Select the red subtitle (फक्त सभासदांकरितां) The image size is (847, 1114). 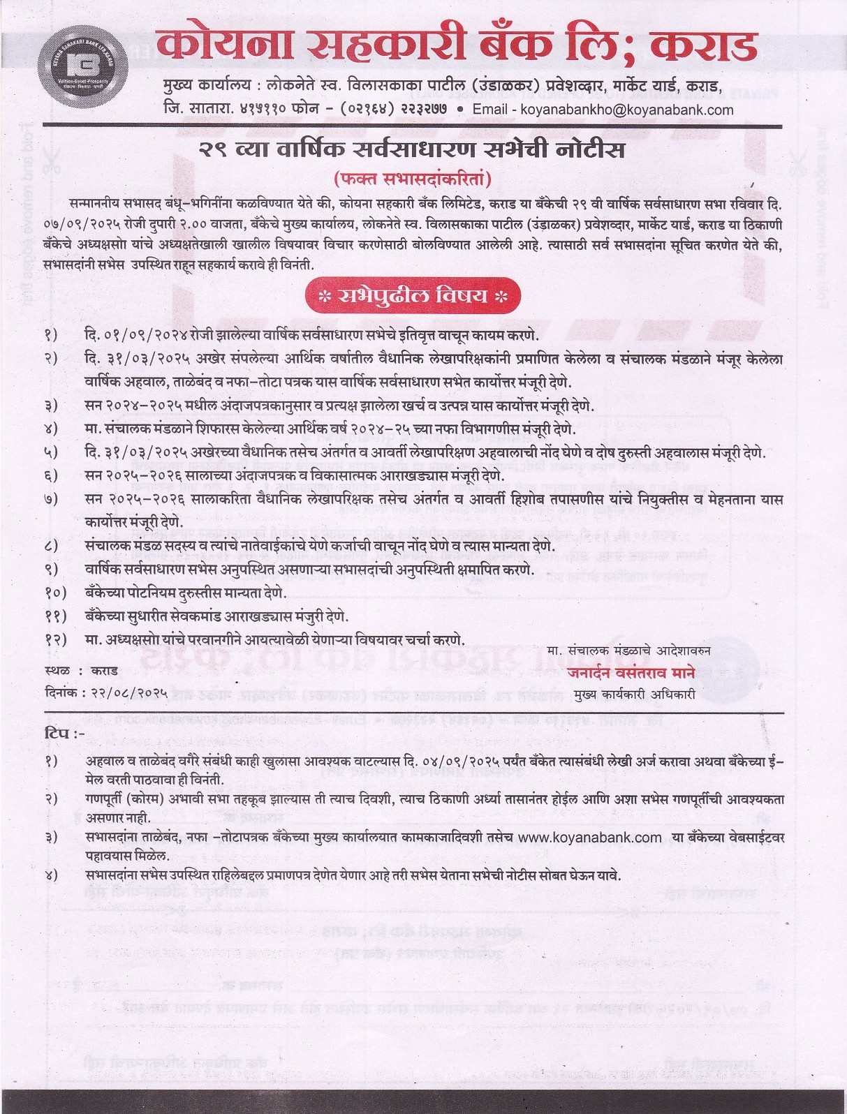pyautogui.click(x=413, y=179)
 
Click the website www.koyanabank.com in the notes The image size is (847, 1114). pyautogui.click(x=590, y=837)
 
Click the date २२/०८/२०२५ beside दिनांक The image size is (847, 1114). pyautogui.click(x=126, y=693)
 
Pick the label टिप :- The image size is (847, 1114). pyautogui.click(x=64, y=734)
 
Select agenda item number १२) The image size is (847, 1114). pyautogui.click(x=55, y=639)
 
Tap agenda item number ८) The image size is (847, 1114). pyautogui.click(x=52, y=545)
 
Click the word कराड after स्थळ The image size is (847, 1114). pyautogui.click(x=104, y=670)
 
